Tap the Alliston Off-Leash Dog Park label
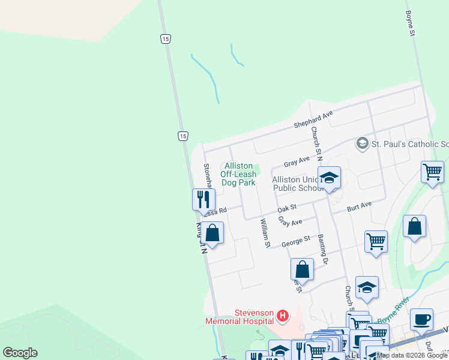click(x=238, y=174)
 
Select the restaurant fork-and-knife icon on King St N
click(x=203, y=199)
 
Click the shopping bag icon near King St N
click(x=212, y=232)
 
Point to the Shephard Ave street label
click(x=313, y=119)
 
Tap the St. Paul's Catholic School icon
click(x=362, y=143)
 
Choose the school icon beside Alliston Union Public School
click(x=329, y=177)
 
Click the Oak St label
click(x=288, y=208)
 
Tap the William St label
click(x=265, y=233)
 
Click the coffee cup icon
click(x=421, y=319)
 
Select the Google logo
click(x=20, y=353)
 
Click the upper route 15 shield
click(x=165, y=38)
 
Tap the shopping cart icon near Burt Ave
click(x=376, y=241)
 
